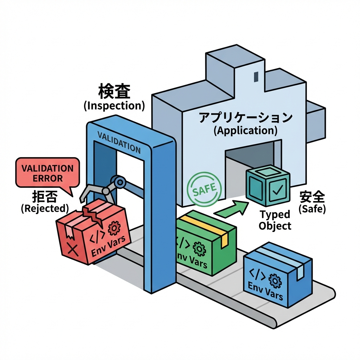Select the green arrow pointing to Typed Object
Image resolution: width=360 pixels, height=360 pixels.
coord(230,208)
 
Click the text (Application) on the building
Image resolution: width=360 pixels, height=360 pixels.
coord(245,131)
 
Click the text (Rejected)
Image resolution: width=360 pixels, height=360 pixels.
coord(44,208)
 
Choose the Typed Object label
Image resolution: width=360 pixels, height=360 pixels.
coord(275,220)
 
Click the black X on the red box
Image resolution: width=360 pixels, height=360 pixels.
coord(72,250)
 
